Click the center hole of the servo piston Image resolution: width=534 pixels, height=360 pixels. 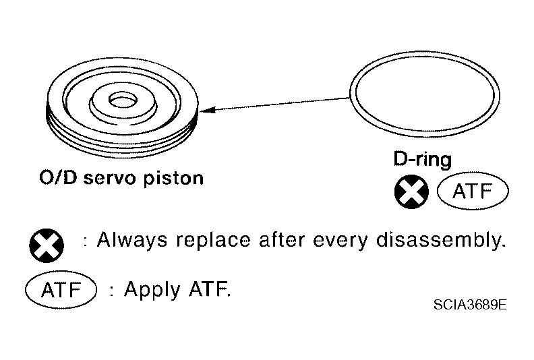tap(123, 100)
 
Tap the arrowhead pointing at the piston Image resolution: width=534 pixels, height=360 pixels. tap(207, 110)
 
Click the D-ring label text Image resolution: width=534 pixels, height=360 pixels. tap(423, 160)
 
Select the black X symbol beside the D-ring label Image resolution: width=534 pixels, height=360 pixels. tap(411, 191)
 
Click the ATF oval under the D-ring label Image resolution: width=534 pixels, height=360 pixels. tap(473, 191)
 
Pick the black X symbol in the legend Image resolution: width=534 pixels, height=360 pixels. tap(47, 245)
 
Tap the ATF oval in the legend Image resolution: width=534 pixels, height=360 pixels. tap(61, 290)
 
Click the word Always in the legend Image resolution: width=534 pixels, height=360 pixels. tap(132, 240)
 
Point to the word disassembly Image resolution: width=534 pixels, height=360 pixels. tap(441, 240)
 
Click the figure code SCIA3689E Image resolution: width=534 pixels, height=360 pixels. tap(470, 305)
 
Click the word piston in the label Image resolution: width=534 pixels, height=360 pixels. tap(173, 178)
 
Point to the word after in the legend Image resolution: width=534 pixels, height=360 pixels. tap(282, 240)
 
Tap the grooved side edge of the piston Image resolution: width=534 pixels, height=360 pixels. tap(121, 144)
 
